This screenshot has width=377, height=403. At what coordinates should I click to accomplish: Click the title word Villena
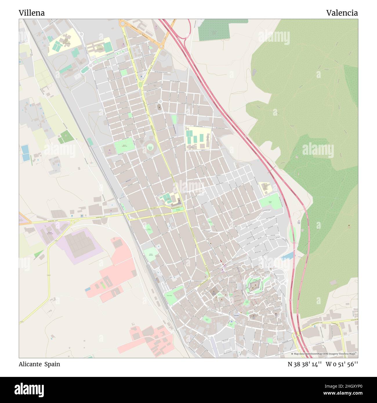32,13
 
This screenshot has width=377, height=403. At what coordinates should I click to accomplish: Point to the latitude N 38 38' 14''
304,364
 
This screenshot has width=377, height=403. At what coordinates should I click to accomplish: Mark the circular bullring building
150,147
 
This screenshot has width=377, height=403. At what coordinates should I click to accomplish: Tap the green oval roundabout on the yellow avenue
141,84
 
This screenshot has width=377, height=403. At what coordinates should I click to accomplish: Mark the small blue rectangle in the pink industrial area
87,289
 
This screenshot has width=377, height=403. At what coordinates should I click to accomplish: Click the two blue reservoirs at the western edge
25,153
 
